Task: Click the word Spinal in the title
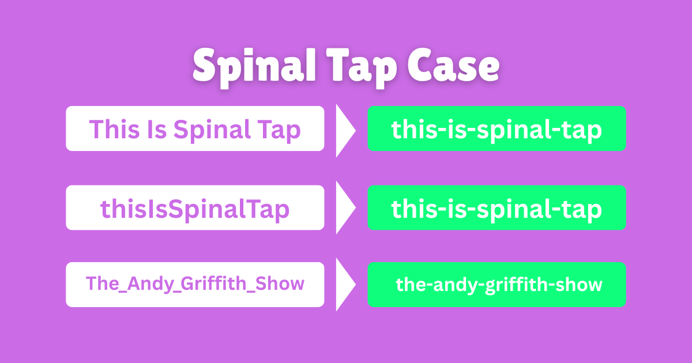(254, 68)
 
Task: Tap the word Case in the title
(453, 66)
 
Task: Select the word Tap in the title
(362, 69)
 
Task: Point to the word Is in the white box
(157, 129)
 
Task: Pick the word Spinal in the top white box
(212, 131)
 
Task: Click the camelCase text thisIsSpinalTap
(195, 210)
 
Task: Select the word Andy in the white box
(151, 284)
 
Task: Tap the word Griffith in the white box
(213, 283)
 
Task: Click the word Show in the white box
(280, 283)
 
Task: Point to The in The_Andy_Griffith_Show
(102, 283)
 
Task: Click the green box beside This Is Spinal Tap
(497, 128)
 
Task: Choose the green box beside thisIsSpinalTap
(497, 207)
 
